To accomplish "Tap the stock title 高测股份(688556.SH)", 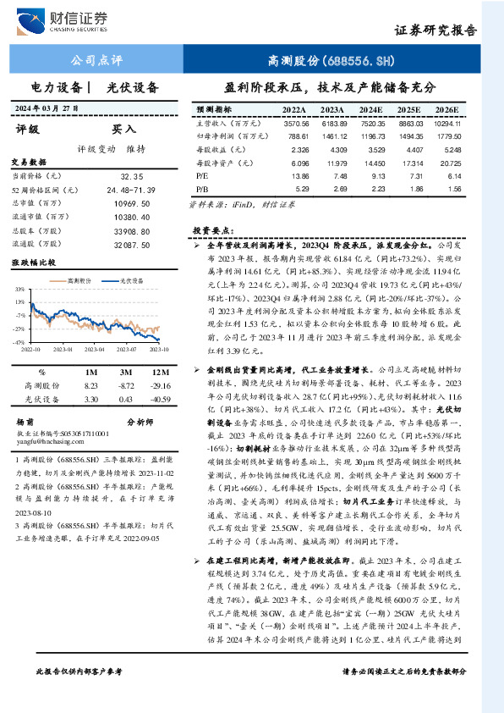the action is pyautogui.click(x=331, y=61).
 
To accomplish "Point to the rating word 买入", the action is pyautogui.click(x=123, y=130).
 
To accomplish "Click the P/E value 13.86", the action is pyautogui.click(x=296, y=174).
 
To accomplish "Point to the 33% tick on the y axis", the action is pyautogui.click(x=19, y=290).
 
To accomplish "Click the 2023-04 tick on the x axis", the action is pyautogui.click(x=70, y=347).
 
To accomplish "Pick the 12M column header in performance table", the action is pyautogui.click(x=155, y=372).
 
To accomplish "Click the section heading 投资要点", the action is pyautogui.click(x=212, y=230).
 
